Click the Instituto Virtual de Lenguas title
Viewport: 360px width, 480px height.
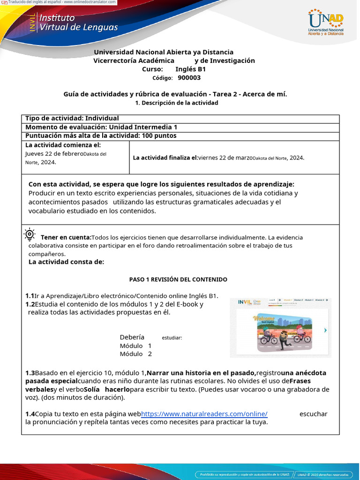[78, 22]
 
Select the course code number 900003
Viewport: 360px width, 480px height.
[189, 78]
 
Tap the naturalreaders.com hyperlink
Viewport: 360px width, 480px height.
[204, 413]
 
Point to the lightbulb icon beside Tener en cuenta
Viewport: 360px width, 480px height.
[30, 234]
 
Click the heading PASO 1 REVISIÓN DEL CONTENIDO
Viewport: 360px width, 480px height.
[178, 279]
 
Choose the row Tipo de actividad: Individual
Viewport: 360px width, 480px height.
[72, 119]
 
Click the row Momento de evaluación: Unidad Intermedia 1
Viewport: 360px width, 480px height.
[101, 127]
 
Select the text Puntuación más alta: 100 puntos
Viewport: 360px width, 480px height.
[101, 135]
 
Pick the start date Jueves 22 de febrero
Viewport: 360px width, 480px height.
[54, 154]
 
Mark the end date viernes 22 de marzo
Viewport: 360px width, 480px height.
[225, 157]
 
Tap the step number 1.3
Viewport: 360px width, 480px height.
[30, 373]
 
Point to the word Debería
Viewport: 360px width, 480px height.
[132, 337]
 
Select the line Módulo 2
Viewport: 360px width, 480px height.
[136, 354]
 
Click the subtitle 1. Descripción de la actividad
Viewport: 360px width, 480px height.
[176, 103]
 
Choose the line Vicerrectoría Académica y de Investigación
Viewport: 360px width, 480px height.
[174, 60]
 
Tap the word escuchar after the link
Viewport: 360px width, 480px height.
[313, 413]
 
